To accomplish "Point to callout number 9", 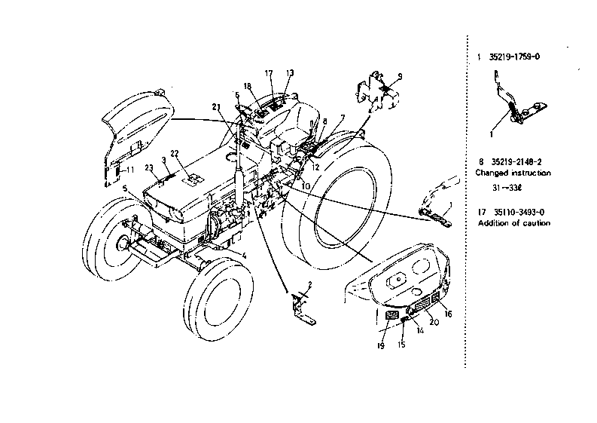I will (401, 75).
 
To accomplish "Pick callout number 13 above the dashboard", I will (290, 72).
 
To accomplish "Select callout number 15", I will (401, 345).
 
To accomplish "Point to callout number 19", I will (380, 345).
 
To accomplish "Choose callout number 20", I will (434, 322).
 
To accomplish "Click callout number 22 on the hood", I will (175, 154).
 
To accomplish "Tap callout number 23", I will (150, 169).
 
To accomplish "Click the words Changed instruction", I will (513, 173).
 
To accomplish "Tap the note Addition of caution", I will (513, 223).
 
